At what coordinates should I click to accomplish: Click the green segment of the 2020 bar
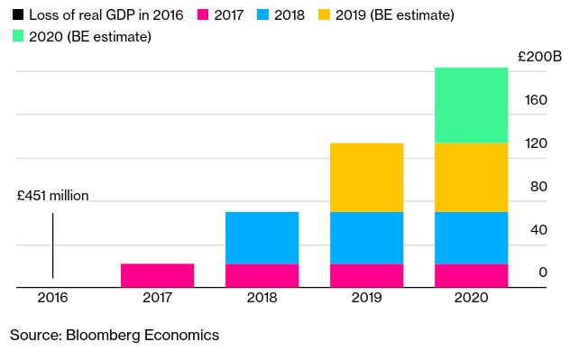pyautogui.click(x=471, y=106)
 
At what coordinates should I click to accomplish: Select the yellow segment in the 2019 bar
pyautogui.click(x=366, y=178)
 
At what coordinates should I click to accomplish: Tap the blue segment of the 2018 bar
pyautogui.click(x=262, y=238)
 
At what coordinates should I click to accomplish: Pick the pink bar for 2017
pyautogui.click(x=158, y=275)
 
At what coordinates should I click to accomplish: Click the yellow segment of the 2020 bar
pyautogui.click(x=471, y=178)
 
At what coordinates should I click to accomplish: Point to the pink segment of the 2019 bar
pyautogui.click(x=366, y=275)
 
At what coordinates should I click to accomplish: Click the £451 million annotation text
pyautogui.click(x=53, y=196)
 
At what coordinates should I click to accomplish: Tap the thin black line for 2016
pyautogui.click(x=52, y=245)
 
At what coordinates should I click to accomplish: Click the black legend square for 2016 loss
pyautogui.click(x=18, y=14)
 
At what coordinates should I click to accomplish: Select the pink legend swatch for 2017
pyautogui.click(x=203, y=14)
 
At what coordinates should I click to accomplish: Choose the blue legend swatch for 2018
pyautogui.click(x=262, y=14)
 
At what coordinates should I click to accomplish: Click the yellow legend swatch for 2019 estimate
pyautogui.click(x=324, y=14)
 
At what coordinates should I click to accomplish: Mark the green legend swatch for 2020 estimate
pyautogui.click(x=18, y=36)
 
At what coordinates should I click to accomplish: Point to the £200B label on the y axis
pyautogui.click(x=540, y=57)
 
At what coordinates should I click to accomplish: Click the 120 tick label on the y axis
pyautogui.click(x=536, y=143)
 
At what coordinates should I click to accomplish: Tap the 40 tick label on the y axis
pyautogui.click(x=538, y=230)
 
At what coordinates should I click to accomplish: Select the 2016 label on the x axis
pyautogui.click(x=52, y=298)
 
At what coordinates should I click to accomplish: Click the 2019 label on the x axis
pyautogui.click(x=366, y=298)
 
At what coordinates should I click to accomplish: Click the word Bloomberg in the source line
pyautogui.click(x=103, y=336)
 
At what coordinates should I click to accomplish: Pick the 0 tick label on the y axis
pyautogui.click(x=543, y=272)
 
